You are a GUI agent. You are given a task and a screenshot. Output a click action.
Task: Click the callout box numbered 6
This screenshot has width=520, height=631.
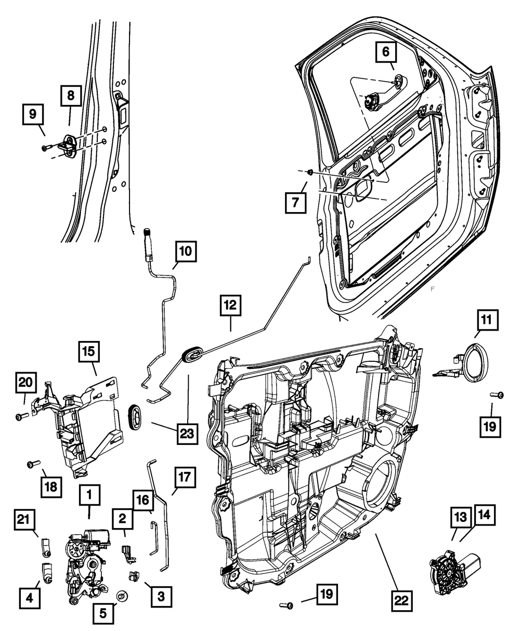point(386,52)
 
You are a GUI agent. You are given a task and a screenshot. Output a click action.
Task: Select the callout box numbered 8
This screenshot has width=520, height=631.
point(70,96)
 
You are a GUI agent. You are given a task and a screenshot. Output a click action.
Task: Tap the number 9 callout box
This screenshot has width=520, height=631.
point(33,114)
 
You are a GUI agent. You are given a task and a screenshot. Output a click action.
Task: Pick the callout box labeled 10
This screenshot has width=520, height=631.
point(185,253)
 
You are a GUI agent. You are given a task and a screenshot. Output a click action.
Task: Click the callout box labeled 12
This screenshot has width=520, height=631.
point(230,306)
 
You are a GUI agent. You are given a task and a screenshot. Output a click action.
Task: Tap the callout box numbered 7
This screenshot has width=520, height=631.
point(295,202)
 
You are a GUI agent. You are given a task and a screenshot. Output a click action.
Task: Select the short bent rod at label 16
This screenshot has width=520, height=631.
point(154,538)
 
